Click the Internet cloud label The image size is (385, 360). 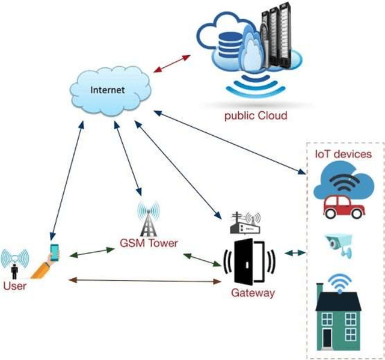click(107, 90)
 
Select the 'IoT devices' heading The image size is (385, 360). click(343, 154)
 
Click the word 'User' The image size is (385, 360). click(14, 286)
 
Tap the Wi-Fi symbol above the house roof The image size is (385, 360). click(341, 280)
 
